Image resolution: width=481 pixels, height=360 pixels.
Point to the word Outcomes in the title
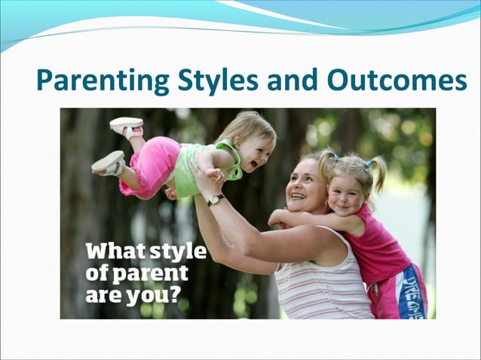click(397, 80)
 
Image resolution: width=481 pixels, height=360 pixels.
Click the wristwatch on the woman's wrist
click(216, 200)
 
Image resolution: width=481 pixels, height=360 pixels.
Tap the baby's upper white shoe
click(125, 125)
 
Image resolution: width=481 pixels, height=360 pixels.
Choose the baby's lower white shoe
click(108, 162)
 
